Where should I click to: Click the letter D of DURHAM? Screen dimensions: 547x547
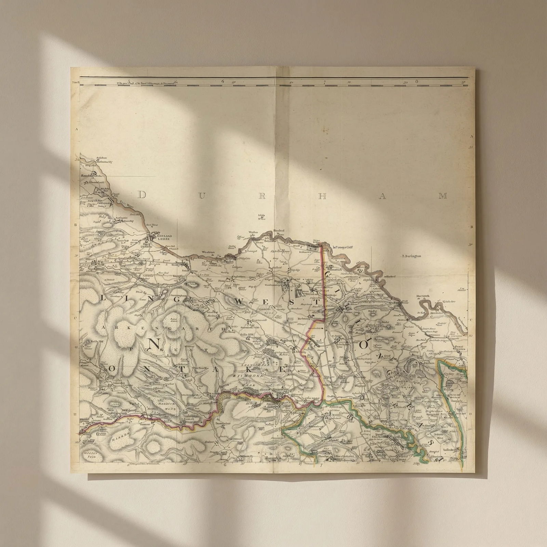143,195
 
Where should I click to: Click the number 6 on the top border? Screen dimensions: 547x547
222,82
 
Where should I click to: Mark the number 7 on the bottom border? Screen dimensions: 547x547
322,465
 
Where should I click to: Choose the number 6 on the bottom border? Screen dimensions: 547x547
225,465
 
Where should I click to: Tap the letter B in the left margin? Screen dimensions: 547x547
76,225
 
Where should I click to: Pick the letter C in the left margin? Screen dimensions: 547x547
76,318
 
